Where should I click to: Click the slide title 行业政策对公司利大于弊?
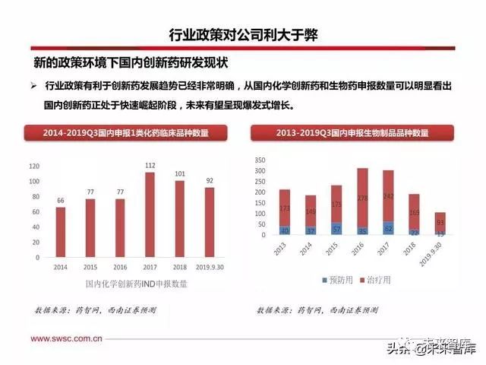(243, 35)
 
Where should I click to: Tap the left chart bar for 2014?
(61, 232)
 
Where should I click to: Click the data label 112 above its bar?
(150, 165)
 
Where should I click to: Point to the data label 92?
(209, 180)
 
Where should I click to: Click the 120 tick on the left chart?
(33, 166)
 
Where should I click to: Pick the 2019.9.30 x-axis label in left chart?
(209, 268)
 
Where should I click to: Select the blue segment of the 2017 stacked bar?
(388, 228)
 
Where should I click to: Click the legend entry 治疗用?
(377, 281)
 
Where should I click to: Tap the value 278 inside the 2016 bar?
(362, 199)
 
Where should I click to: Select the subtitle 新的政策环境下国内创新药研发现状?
(131, 61)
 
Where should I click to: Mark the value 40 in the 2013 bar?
(285, 230)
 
